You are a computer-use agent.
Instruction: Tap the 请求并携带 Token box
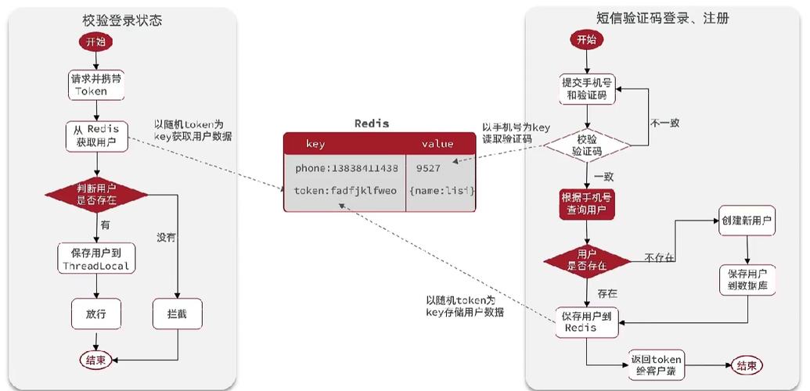coord(95,85)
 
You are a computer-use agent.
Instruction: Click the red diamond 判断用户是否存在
coord(95,195)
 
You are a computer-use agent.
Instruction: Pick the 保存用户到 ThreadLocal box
coord(95,259)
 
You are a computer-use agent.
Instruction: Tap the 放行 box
coord(95,315)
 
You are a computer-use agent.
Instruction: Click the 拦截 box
coord(178,315)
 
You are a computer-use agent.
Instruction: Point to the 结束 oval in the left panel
coord(96,360)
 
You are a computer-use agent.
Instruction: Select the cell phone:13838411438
coord(346,168)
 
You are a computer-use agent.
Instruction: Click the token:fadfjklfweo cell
coord(346,191)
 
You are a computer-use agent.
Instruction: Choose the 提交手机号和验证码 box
coord(587,88)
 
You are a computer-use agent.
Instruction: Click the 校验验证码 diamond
coord(587,145)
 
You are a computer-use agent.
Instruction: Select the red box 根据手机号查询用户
coord(587,203)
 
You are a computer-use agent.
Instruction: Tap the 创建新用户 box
coord(747,221)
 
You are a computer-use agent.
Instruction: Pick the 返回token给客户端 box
coord(657,365)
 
